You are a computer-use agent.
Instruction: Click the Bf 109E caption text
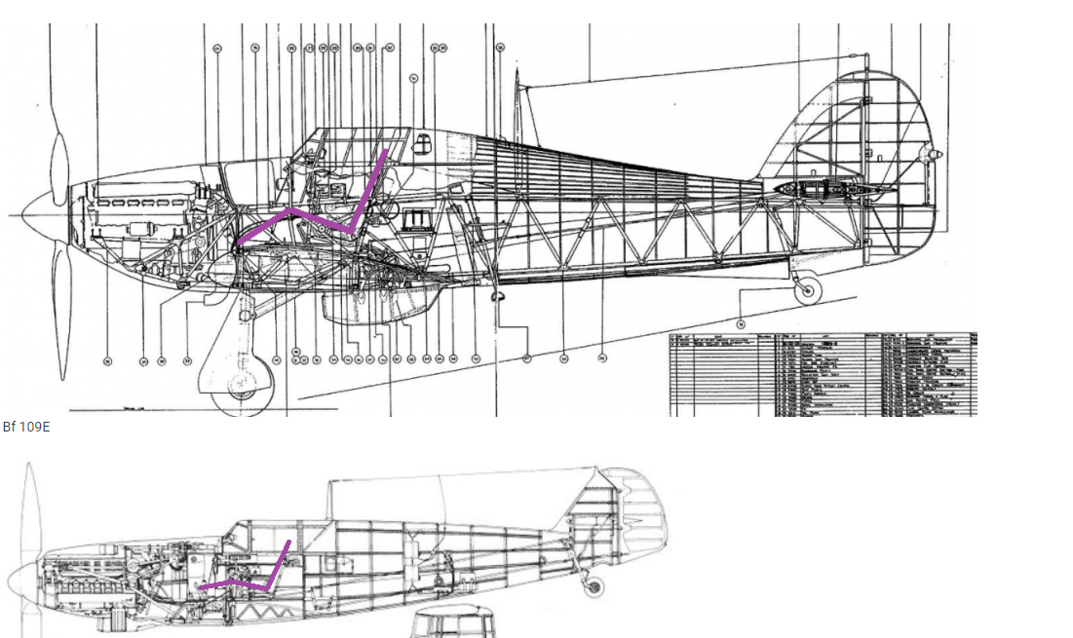25,427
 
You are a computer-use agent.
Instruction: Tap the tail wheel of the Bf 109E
592,586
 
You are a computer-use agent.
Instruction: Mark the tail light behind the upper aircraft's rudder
932,155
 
